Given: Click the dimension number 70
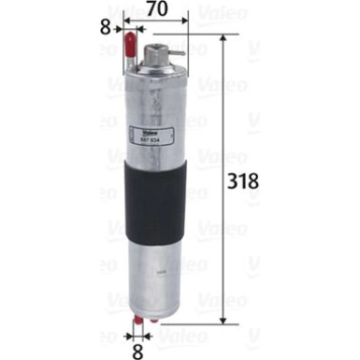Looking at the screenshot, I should (154, 12).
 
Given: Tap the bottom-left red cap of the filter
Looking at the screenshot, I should (136, 322).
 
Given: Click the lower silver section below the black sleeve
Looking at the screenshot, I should (156, 271).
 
